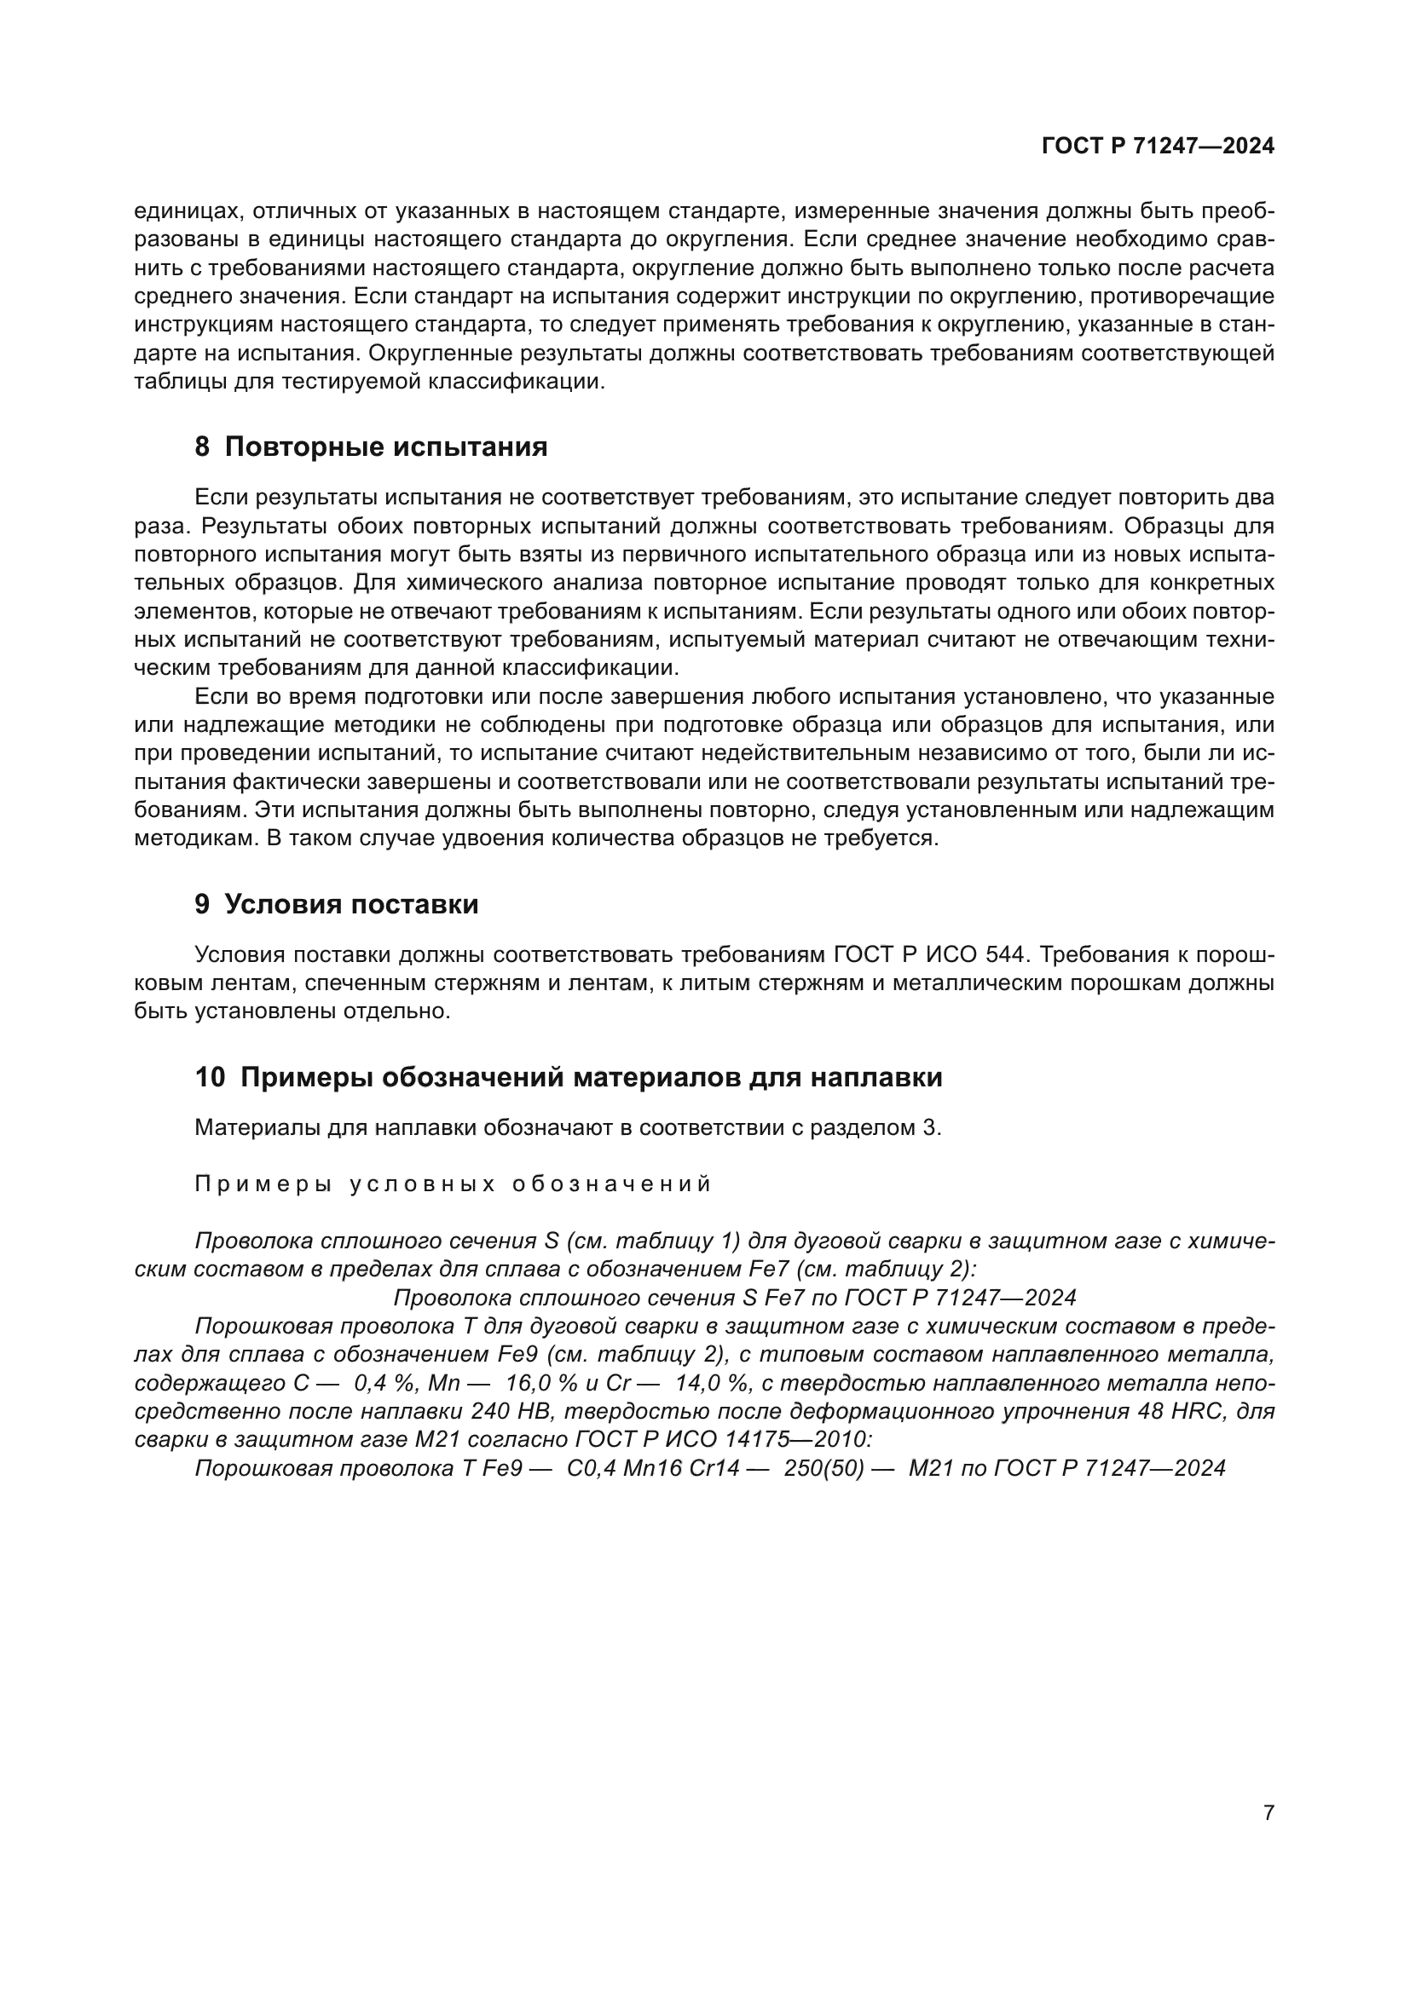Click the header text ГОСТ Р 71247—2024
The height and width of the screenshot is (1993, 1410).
(x=1158, y=146)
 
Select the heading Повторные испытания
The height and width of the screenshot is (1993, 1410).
(x=385, y=447)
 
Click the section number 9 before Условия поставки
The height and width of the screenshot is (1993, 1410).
(x=201, y=905)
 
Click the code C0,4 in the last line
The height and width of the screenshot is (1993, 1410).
(x=592, y=1469)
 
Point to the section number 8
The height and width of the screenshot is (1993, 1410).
(x=201, y=447)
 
